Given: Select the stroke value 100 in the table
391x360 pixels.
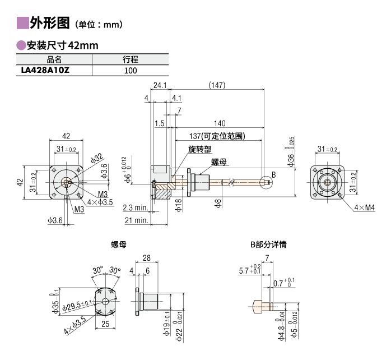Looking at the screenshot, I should [131, 71].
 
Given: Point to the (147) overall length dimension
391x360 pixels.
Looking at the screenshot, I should [216, 85].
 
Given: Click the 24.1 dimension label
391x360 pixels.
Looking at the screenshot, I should [160, 85].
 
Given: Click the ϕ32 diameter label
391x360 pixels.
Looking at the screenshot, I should [96, 157].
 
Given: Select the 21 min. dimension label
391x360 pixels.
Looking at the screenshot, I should [136, 221].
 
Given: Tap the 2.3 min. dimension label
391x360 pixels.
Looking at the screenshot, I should [136, 207].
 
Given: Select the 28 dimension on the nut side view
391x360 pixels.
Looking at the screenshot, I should [147, 257].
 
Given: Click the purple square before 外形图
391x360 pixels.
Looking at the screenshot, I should [23, 24].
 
